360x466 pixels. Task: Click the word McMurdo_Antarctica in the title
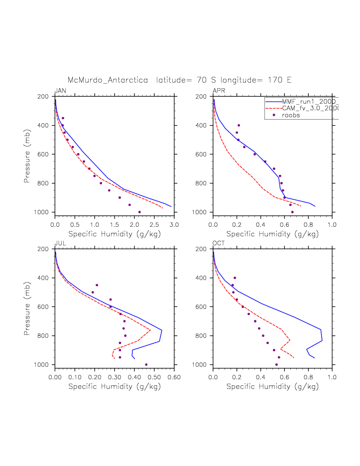pyautogui.click(x=108, y=80)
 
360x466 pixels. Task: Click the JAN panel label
pyautogui.click(x=60, y=91)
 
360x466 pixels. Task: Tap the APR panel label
pyautogui.click(x=219, y=91)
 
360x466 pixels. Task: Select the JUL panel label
pyautogui.click(x=60, y=243)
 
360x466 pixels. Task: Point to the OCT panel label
pyautogui.click(x=219, y=243)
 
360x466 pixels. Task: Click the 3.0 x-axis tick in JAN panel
pyautogui.click(x=174, y=225)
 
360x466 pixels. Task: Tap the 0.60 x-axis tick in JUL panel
pyautogui.click(x=174, y=378)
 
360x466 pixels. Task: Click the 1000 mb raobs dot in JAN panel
pyautogui.click(x=139, y=212)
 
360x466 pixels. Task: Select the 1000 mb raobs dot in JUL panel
pyautogui.click(x=146, y=365)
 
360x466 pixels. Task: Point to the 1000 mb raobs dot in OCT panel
pyautogui.click(x=276, y=365)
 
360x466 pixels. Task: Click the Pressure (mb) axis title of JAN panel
pyautogui.click(x=27, y=154)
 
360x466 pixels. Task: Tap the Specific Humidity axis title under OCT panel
pyautogui.click(x=272, y=386)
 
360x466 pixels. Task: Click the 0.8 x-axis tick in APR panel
pyautogui.click(x=308, y=225)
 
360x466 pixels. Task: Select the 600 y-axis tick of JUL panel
pyautogui.click(x=46, y=307)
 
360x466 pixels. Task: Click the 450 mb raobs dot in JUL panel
pyautogui.click(x=97, y=285)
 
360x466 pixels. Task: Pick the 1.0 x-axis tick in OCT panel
pyautogui.click(x=332, y=378)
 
